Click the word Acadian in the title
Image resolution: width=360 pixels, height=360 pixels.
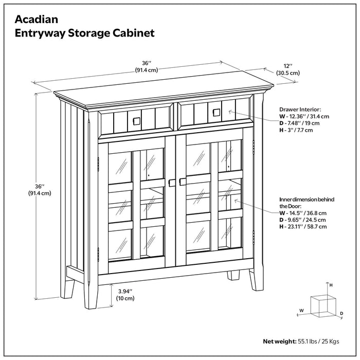(x=36, y=19)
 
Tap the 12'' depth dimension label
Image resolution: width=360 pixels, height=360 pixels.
(x=287, y=69)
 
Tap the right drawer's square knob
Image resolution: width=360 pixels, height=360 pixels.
(x=216, y=112)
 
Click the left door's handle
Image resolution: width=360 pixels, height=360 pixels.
(x=172, y=182)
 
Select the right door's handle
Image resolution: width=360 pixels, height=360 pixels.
(x=182, y=182)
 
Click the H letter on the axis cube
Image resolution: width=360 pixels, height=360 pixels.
(x=331, y=284)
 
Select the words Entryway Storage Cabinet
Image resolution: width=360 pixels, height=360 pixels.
(x=84, y=33)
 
